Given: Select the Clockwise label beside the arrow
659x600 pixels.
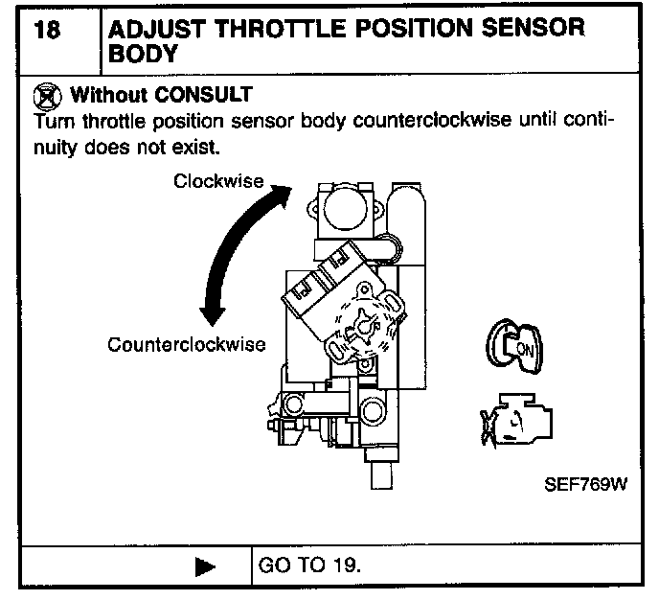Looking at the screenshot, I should coord(219,180).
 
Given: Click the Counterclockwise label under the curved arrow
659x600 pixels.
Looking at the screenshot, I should coord(187,344).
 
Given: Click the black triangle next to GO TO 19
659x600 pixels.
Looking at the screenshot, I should coord(205,566).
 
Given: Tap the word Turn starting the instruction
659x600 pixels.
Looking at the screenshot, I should coord(52,123).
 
